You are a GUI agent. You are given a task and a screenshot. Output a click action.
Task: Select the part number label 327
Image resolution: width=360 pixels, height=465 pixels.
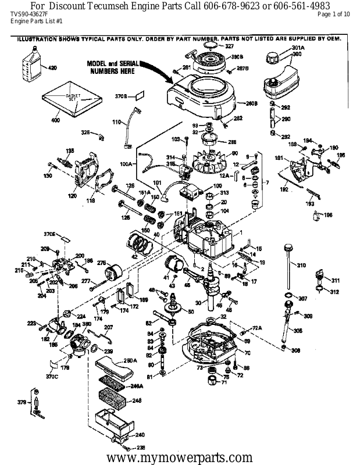tap(229, 45)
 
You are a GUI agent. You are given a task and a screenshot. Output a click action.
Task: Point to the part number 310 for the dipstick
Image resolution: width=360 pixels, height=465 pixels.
tap(301, 265)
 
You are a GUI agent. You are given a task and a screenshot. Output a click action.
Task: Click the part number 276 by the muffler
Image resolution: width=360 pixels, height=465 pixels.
tap(101, 263)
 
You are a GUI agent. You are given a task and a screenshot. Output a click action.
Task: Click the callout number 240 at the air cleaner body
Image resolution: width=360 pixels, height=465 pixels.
tap(140, 434)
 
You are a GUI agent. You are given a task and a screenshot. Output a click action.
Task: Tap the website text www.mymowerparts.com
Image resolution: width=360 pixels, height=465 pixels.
tap(180, 457)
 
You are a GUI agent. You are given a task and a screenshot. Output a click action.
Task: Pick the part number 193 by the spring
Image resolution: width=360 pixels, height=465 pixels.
tap(310, 204)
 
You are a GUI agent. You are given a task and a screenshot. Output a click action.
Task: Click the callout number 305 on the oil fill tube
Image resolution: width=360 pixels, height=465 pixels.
tap(298, 331)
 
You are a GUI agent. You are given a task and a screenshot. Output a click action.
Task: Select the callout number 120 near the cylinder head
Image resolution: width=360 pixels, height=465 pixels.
tap(73, 196)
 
